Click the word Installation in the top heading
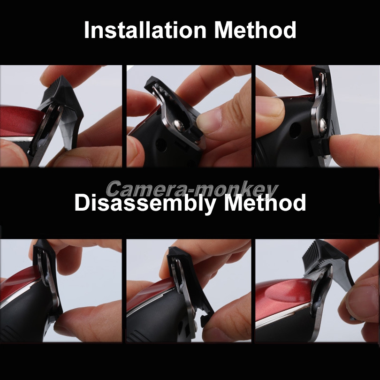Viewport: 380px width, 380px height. (145, 30)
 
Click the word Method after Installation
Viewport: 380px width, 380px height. (255, 30)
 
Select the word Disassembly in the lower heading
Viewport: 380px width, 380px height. (145, 203)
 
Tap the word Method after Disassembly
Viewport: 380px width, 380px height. (265, 203)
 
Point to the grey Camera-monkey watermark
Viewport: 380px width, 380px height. (192, 189)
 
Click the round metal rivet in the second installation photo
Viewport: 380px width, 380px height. (179, 125)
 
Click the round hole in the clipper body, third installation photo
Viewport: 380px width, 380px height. (295, 130)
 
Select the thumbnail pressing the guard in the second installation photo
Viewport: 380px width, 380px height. (209, 121)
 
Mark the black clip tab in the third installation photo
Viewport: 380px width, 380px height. (320, 145)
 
